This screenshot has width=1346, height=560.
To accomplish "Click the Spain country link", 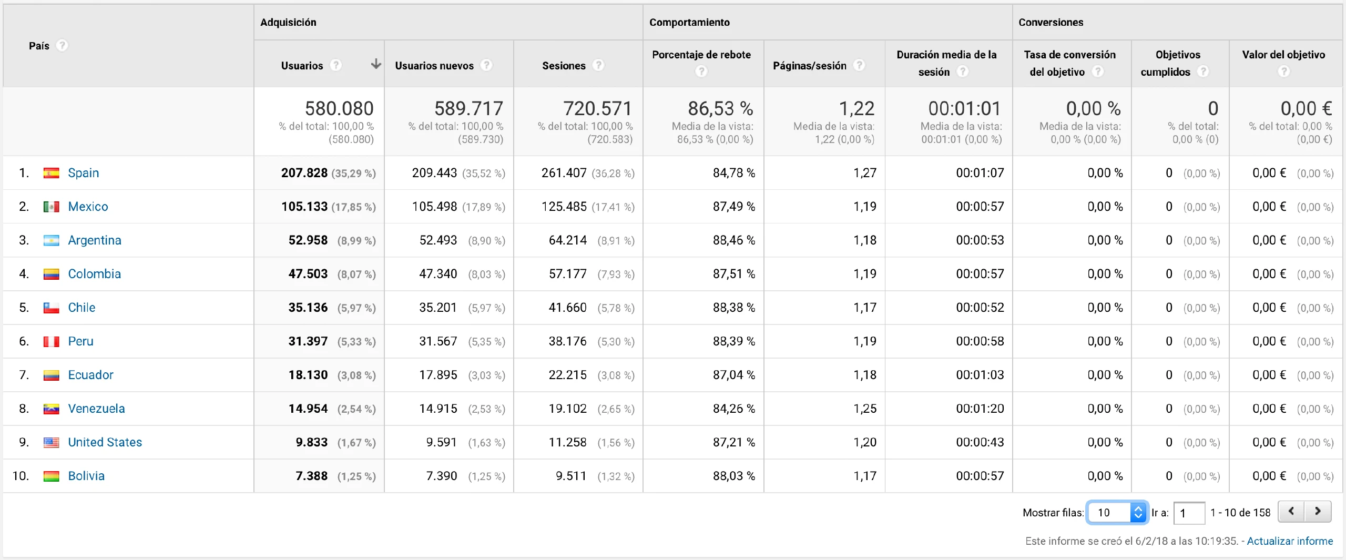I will tap(83, 173).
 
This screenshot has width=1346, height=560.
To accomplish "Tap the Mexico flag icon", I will tap(51, 207).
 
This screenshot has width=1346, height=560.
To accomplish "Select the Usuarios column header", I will tap(302, 66).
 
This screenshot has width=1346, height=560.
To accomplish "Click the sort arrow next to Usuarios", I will tap(376, 64).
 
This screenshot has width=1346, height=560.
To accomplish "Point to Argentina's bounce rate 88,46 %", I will tap(733, 240).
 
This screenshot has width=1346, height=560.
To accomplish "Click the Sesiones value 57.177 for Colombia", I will tap(567, 274).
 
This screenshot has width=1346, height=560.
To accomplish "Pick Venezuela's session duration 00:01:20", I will tap(980, 409).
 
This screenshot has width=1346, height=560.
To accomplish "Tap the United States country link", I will tap(105, 442).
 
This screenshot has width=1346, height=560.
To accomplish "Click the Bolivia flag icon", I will tap(51, 476).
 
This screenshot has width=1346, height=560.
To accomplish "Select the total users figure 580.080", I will tap(339, 108).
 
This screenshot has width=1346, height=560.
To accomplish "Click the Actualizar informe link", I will tap(1289, 541).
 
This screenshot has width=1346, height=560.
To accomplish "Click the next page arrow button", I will tap(1318, 511).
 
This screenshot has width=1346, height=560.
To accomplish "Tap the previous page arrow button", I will tap(1291, 511).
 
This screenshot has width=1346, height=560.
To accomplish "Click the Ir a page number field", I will tap(1188, 513).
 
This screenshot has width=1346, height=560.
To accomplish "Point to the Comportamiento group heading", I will tap(689, 22).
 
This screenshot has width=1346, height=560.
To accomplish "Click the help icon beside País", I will tap(62, 46).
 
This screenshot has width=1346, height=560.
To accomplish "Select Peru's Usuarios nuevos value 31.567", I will tap(438, 341).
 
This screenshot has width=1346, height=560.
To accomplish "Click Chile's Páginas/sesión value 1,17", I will tap(864, 308).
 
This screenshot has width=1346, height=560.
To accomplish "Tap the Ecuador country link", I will tap(90, 375).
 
